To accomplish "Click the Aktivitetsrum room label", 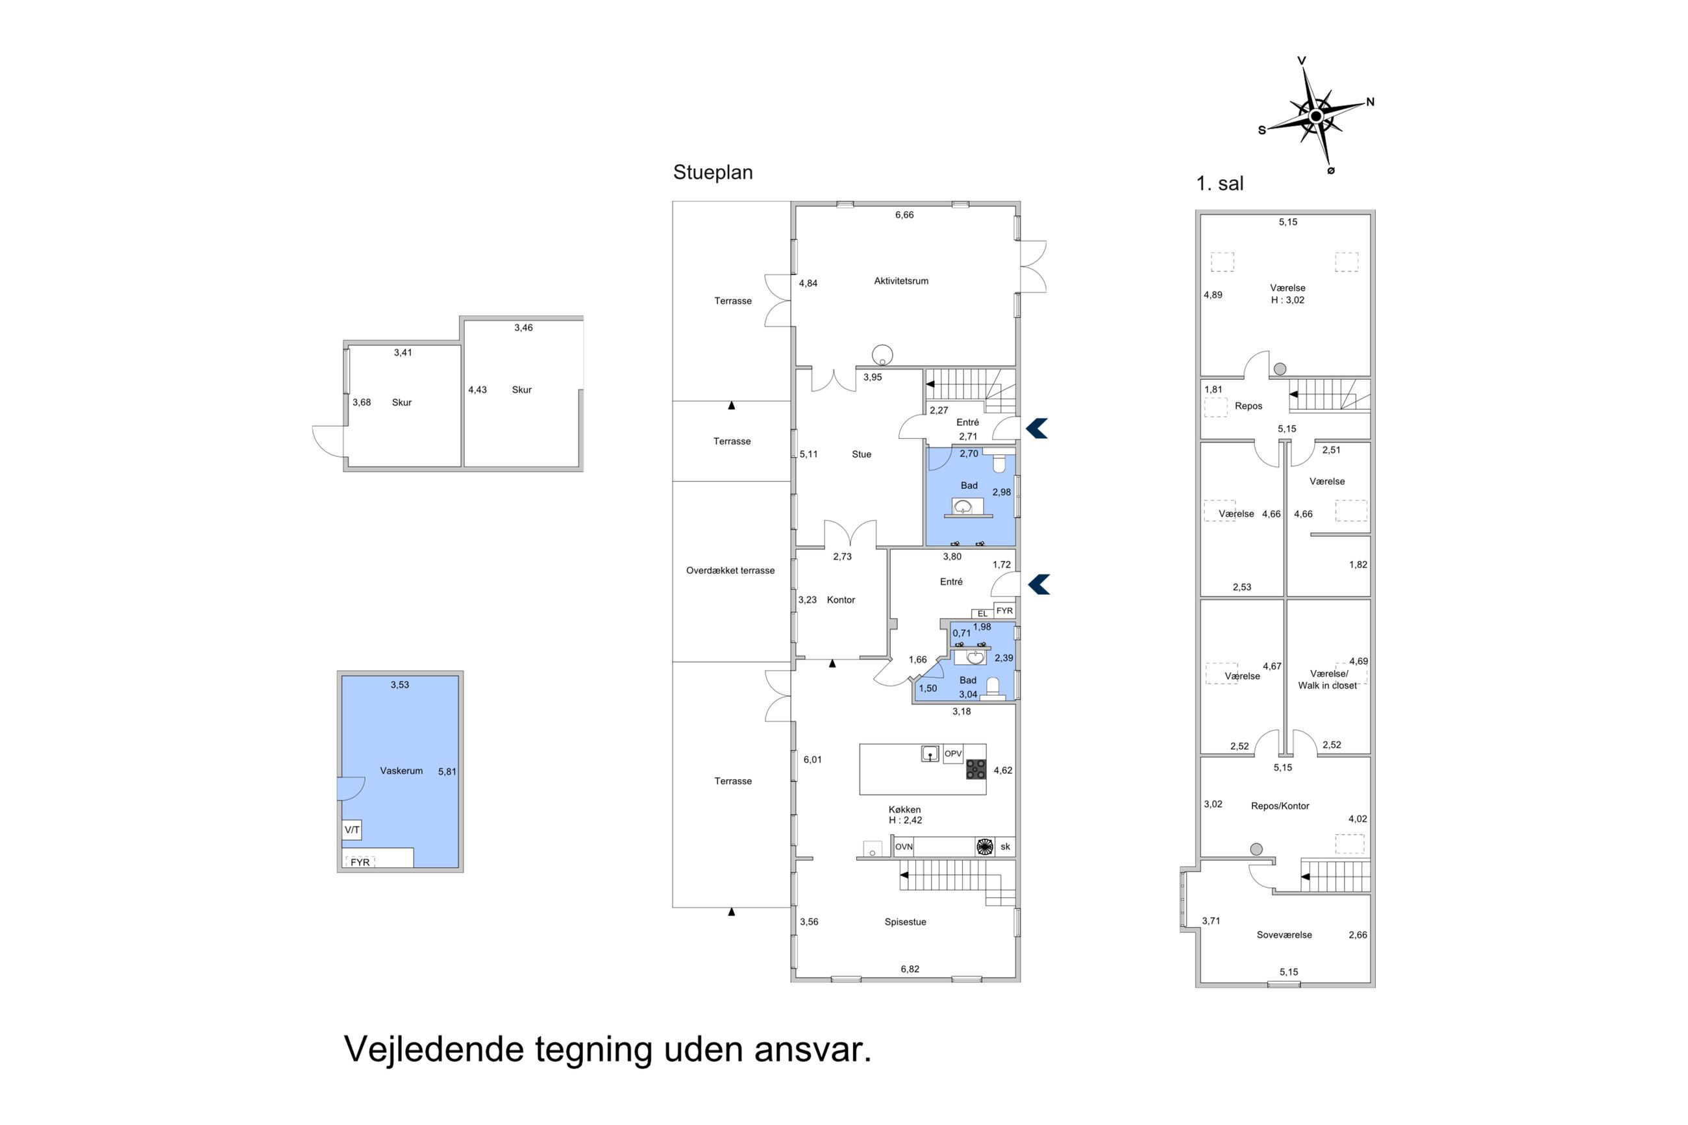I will tap(900, 280).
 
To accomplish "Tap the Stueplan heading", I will tap(712, 172).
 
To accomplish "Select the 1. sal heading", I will tap(1219, 183).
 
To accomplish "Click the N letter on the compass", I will tap(1369, 102).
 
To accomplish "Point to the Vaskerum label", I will tap(401, 771).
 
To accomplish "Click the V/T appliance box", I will tap(351, 830).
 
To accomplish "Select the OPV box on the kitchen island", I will tap(952, 753).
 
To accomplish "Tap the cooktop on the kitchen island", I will tap(976, 769).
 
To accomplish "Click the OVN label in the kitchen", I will tap(903, 847).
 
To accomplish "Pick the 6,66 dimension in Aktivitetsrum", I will tap(904, 214).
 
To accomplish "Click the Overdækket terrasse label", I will tap(730, 571).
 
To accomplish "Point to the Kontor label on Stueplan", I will tap(841, 600).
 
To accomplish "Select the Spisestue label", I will tap(904, 922).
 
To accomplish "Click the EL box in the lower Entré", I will tap(982, 613).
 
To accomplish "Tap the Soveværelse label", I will tap(1284, 935).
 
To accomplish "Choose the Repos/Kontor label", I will tap(1280, 806).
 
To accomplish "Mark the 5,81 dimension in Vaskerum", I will tap(447, 771).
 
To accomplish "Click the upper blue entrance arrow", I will tap(1037, 428).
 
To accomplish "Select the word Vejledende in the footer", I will tap(434, 1049).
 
